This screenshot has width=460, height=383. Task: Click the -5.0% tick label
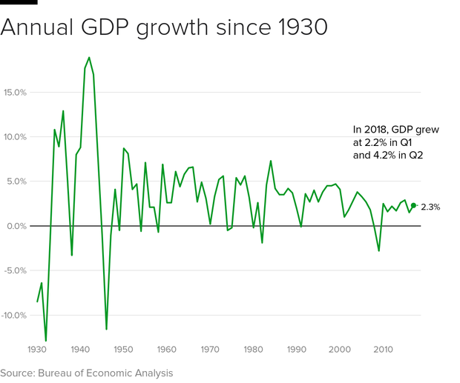pos(15,270)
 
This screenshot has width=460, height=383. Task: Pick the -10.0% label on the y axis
pos(13,315)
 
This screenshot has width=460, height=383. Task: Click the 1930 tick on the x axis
pos(37,349)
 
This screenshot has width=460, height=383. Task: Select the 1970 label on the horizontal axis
pos(210,349)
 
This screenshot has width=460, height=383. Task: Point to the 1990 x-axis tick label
pos(297,349)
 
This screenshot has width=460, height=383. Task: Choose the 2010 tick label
pos(384,349)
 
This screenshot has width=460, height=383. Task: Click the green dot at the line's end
pos(413,205)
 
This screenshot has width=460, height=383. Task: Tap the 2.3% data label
pos(430,207)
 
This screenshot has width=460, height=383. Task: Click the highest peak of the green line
pos(89,57)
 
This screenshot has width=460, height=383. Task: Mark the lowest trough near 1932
pos(46,341)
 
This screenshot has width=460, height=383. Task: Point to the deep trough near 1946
pos(106,329)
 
